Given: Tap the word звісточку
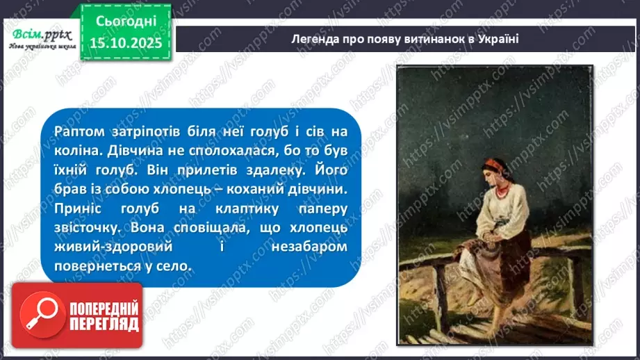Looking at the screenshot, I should coord(87,228).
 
